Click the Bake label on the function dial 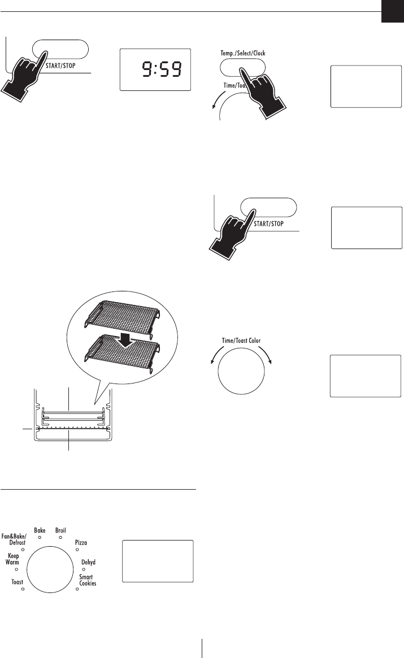pos(40,530)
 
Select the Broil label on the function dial pos(60,530)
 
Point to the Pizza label pos(81,542)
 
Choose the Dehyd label pos(88,561)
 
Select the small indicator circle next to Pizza pos(77,550)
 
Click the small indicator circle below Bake pos(40,538)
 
